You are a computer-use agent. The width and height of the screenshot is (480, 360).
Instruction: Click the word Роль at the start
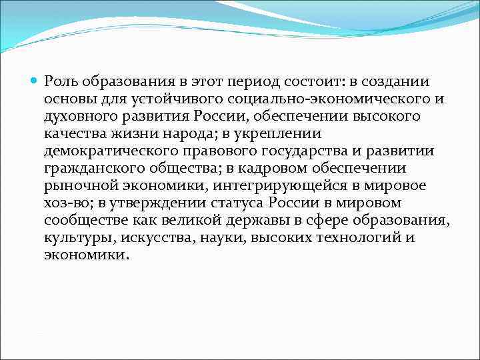point(60,82)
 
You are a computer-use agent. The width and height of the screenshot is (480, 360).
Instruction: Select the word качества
point(71,134)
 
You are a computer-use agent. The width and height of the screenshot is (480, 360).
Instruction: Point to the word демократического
point(104,151)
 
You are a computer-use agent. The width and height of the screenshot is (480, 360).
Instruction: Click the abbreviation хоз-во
point(66,203)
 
